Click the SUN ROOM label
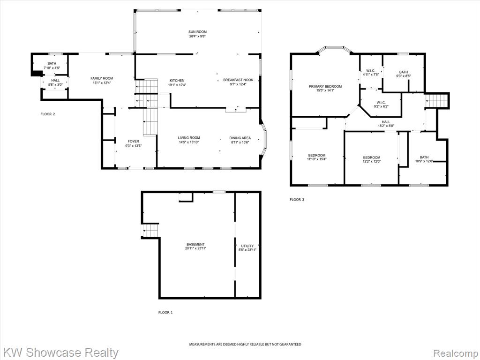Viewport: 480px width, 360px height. (x=197, y=31)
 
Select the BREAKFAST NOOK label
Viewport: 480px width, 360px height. (x=238, y=80)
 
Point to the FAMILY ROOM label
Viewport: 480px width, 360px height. (x=102, y=78)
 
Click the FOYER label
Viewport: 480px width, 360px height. (x=133, y=142)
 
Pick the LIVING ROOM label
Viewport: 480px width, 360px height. (x=189, y=138)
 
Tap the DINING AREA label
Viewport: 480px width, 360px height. (x=240, y=138)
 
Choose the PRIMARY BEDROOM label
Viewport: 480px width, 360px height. (x=325, y=87)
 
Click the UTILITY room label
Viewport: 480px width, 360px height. (x=247, y=246)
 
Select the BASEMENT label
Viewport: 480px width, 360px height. (x=195, y=244)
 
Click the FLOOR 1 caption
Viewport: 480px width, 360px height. (x=165, y=313)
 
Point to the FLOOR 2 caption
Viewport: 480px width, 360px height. (x=48, y=114)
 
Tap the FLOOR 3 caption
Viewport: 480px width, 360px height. (x=297, y=200)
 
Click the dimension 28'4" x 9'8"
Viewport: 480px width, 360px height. (x=197, y=36)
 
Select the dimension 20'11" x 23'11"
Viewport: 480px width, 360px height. (x=195, y=248)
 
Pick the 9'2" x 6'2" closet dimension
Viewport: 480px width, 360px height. (x=381, y=106)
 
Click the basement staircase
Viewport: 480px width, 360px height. (x=150, y=231)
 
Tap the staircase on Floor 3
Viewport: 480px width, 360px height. (x=436, y=101)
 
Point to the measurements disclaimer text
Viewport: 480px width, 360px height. (x=245, y=345)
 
